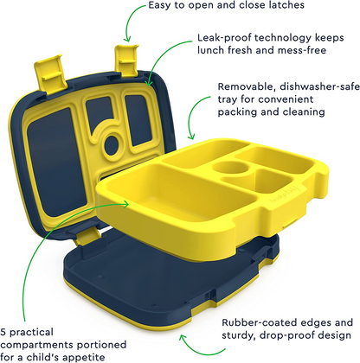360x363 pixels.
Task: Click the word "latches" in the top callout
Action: pos(286,5)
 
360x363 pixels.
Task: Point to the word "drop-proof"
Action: pos(291,335)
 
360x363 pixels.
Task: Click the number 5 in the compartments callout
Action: pos(3,332)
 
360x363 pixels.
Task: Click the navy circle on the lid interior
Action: pos(111,145)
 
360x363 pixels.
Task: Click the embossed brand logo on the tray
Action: pos(285,196)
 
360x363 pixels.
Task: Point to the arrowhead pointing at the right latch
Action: pos(127,39)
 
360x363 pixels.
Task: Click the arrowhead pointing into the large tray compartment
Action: pos(125,204)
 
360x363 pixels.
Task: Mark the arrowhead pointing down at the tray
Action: pos(191,136)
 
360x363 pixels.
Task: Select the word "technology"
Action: pos(283,38)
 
